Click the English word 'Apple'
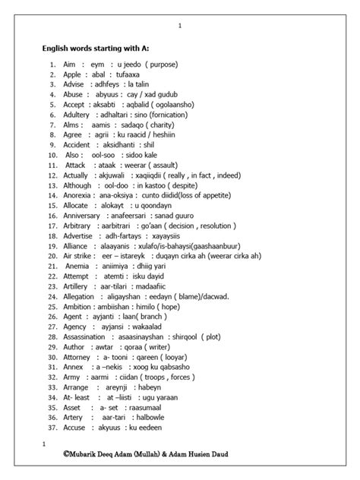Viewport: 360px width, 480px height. pos(73,75)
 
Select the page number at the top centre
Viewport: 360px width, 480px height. pos(180,26)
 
